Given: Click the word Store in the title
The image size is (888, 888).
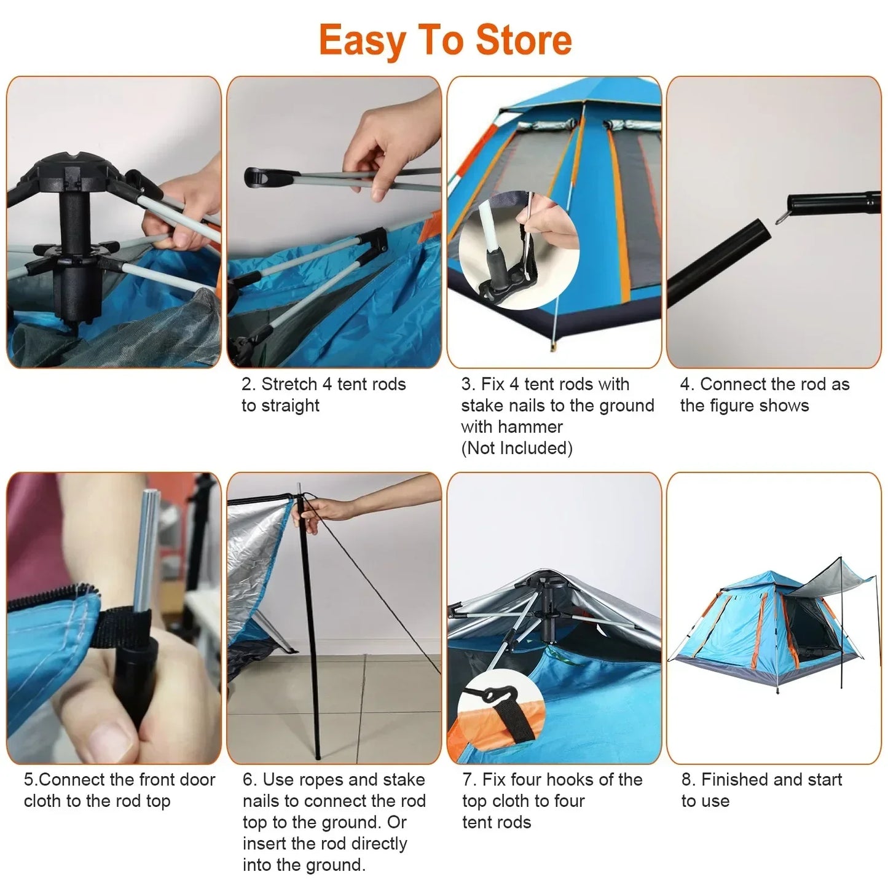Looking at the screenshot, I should (524, 40).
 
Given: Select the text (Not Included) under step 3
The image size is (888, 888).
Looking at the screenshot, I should (517, 449).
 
